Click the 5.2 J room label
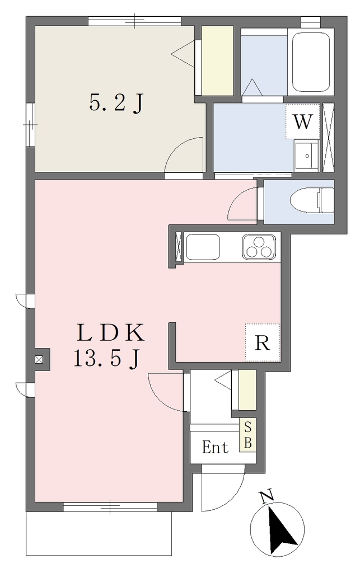coord(115,104)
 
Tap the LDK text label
coord(110,334)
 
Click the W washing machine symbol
coord(303,121)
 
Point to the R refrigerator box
coord(263,343)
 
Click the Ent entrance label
coord(215,447)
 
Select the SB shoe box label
coord(248,435)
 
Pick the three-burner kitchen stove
coord(259,247)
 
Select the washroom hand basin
coord(307,156)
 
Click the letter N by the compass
coord(267,497)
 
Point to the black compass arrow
coord(280,529)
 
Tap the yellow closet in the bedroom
coord(217,60)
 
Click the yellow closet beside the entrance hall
coord(247,390)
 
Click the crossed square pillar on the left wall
coord(39,360)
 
